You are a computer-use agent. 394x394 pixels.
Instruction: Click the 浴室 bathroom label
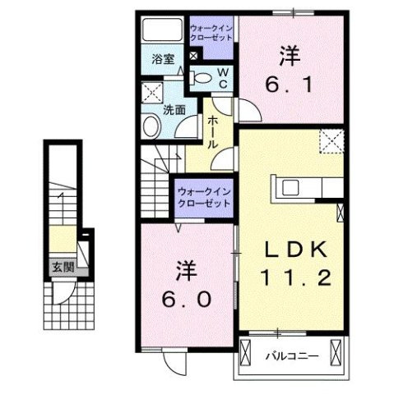[163, 60]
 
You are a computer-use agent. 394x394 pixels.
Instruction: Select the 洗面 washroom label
[172, 108]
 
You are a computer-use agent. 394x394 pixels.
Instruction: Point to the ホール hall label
[212, 131]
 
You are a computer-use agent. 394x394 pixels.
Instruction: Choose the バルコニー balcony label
[287, 355]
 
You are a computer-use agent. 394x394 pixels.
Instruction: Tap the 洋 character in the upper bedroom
[288, 56]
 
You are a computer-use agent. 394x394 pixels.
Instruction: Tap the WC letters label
[222, 76]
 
